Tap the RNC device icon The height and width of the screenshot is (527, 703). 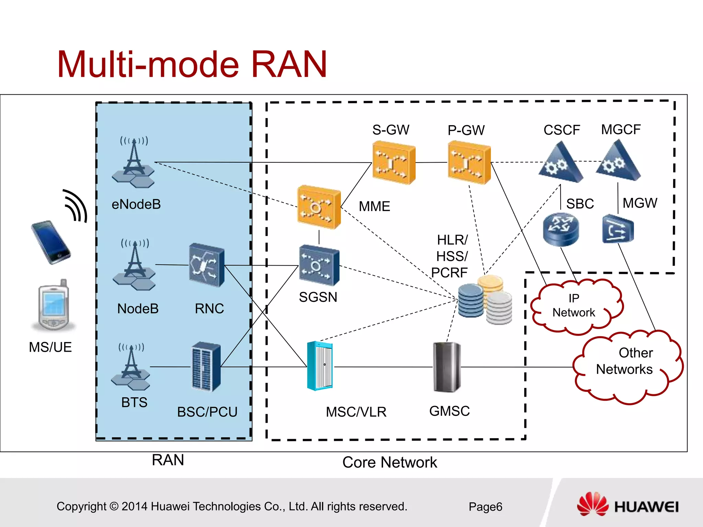pyautogui.click(x=207, y=265)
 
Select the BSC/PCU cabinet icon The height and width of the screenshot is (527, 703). pyautogui.click(x=206, y=367)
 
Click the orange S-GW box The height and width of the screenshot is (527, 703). pyautogui.click(x=394, y=163)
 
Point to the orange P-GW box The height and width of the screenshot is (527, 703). pyautogui.click(x=469, y=163)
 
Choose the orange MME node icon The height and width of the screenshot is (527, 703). pyautogui.click(x=319, y=207)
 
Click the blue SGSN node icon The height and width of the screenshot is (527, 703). pyautogui.click(x=319, y=265)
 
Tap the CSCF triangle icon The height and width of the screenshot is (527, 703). pyautogui.click(x=561, y=163)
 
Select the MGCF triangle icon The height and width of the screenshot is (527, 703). pyautogui.click(x=618, y=161)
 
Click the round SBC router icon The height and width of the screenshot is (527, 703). pyautogui.click(x=561, y=229)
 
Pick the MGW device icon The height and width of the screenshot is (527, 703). pyautogui.click(x=618, y=229)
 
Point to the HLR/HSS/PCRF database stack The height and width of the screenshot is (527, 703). pyautogui.click(x=485, y=300)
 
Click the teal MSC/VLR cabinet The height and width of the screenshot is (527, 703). pyautogui.click(x=320, y=366)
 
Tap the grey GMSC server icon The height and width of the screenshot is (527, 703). pyautogui.click(x=447, y=367)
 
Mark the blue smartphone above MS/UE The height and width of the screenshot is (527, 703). pyautogui.click(x=51, y=242)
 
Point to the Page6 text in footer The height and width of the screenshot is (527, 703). pyautogui.click(x=485, y=507)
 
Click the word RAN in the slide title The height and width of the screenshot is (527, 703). pyautogui.click(x=289, y=65)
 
